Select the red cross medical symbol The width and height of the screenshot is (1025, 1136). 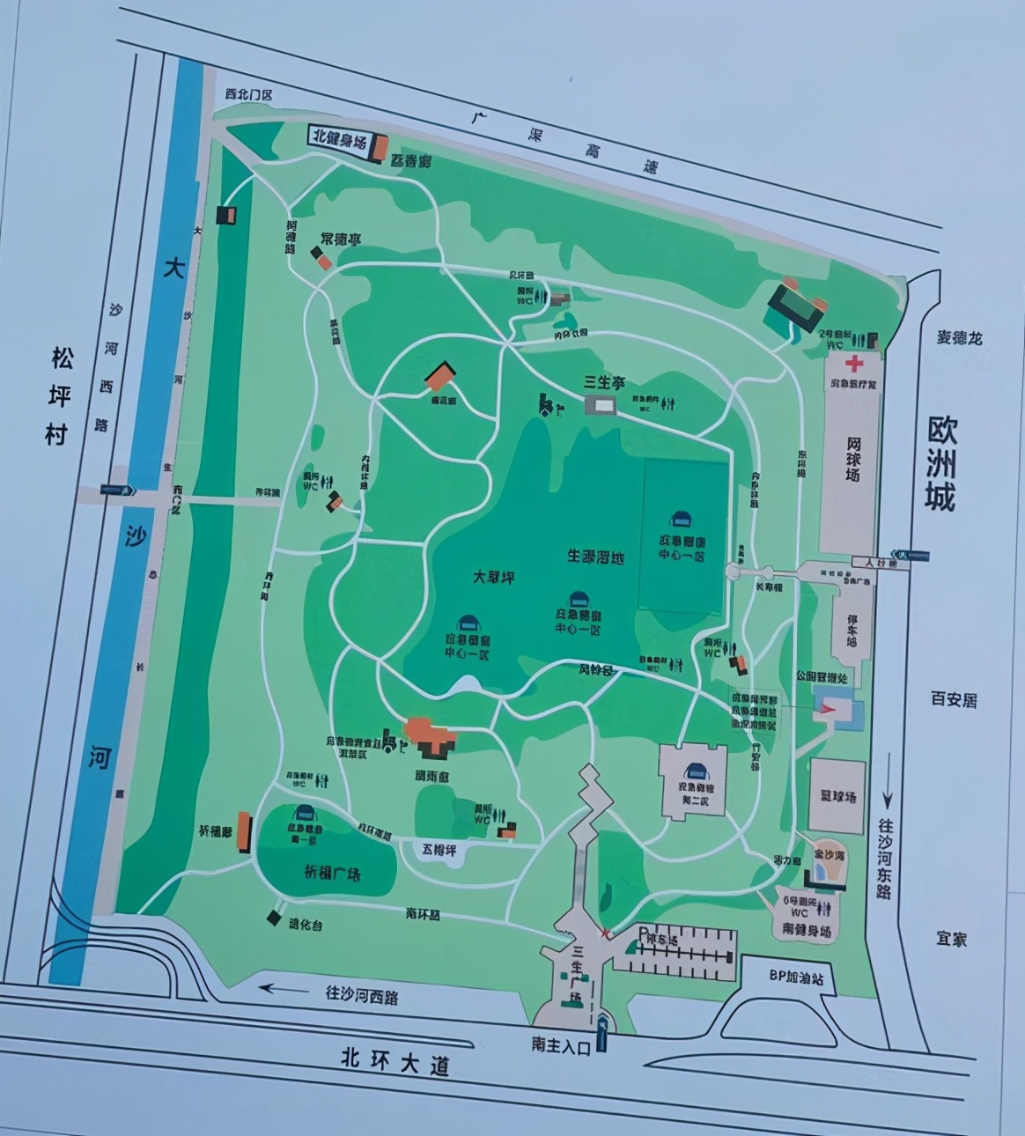[853, 364]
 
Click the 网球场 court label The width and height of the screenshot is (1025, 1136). [853, 458]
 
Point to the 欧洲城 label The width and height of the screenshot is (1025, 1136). [940, 464]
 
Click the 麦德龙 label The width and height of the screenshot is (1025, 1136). [959, 337]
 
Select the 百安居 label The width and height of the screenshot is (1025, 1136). [955, 700]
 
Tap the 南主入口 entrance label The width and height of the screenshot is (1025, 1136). [559, 1044]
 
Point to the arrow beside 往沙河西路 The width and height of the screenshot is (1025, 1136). [287, 988]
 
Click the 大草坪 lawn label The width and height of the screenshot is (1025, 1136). [493, 577]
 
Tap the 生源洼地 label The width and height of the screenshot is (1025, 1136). [595, 557]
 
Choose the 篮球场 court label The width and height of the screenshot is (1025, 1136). [838, 797]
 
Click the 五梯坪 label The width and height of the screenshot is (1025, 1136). [440, 849]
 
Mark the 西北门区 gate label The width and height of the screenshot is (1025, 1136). [249, 93]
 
